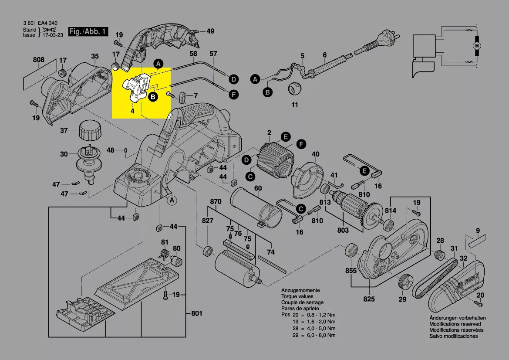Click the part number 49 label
(x=210, y=31)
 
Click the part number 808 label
(x=38, y=60)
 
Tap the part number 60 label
(x=258, y=188)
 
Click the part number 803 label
(x=343, y=230)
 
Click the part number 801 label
(x=197, y=313)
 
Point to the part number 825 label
(x=369, y=299)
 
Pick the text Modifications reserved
(x=455, y=324)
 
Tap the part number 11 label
(x=295, y=105)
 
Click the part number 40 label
(x=316, y=154)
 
